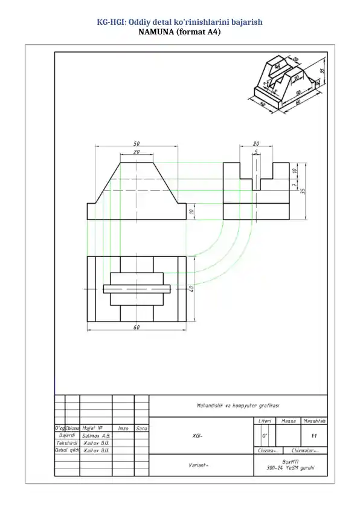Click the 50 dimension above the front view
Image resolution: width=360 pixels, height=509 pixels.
point(137,143)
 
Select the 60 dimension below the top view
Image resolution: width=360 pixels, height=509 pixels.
point(137,327)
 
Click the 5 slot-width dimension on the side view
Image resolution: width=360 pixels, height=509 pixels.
point(256,152)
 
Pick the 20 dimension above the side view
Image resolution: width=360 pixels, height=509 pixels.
point(256,144)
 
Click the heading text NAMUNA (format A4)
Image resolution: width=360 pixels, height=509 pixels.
point(179,32)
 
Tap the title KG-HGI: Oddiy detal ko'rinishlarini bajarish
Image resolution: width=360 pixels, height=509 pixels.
point(179,22)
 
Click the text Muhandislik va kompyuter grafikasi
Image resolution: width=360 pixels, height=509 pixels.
point(237,405)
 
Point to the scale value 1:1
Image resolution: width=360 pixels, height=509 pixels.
point(313,435)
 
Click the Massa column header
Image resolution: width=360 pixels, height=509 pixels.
point(289,421)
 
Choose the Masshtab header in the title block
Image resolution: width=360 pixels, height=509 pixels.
point(315,421)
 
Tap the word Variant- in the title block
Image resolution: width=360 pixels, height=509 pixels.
point(199,465)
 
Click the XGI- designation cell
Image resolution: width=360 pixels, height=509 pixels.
point(198,435)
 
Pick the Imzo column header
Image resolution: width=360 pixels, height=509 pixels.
point(123,428)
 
